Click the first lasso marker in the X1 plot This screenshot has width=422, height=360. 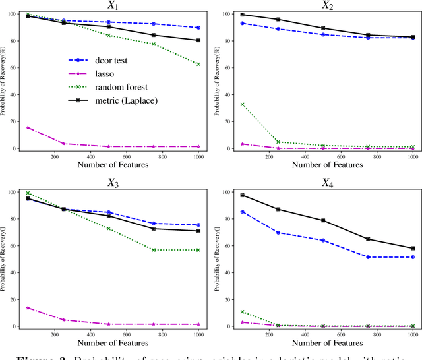coord(28,127)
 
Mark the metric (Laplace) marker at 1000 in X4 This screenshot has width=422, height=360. coord(413,248)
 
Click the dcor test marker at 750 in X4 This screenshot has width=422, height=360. coord(368,257)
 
